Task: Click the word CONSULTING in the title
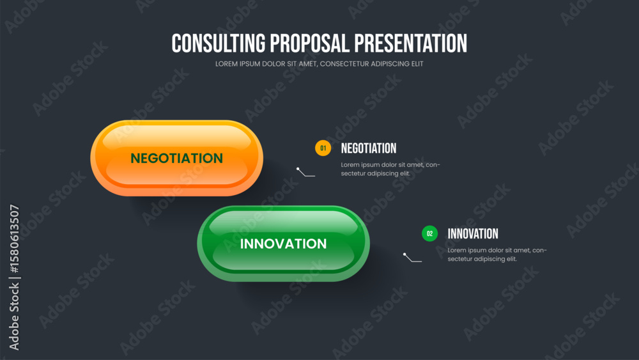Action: point(218,43)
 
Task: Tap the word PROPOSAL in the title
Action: point(309,43)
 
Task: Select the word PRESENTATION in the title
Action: point(410,43)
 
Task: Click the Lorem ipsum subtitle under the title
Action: point(319,63)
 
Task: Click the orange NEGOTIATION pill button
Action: point(176,158)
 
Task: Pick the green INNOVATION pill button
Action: point(283,244)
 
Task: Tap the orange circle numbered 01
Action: point(323,148)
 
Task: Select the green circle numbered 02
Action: point(429,233)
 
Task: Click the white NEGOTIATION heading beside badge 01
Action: point(369,148)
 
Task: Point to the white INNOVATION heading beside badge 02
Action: point(473,234)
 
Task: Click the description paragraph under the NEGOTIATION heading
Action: point(390,169)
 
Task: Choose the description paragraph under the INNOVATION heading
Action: point(497,254)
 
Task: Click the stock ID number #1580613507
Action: point(14,239)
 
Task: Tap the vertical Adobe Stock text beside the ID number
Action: point(14,317)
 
